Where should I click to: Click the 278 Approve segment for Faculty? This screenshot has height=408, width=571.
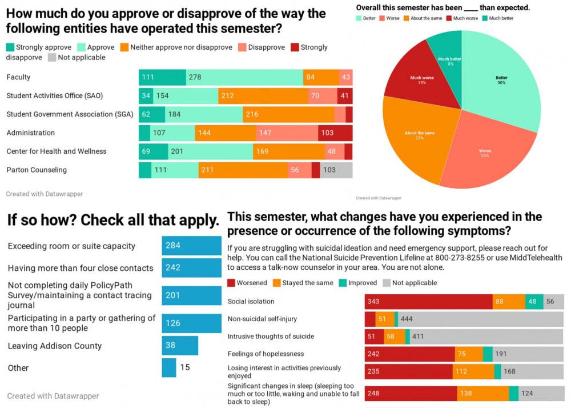(244, 77)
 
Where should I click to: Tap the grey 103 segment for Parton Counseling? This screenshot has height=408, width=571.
(336, 170)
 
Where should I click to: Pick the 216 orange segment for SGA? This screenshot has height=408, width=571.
(288, 114)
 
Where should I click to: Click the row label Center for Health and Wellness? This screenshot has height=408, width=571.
(56, 151)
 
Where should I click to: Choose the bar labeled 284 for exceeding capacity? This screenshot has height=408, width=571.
(191, 246)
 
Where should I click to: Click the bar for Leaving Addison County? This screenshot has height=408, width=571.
(179, 346)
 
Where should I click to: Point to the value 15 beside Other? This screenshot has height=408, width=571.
(185, 367)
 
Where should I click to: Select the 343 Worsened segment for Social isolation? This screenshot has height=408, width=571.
(428, 302)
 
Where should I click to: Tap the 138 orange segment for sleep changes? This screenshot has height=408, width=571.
(482, 394)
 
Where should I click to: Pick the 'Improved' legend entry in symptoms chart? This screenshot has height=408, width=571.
(357, 283)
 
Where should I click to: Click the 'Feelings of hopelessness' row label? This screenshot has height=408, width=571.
(266, 354)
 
